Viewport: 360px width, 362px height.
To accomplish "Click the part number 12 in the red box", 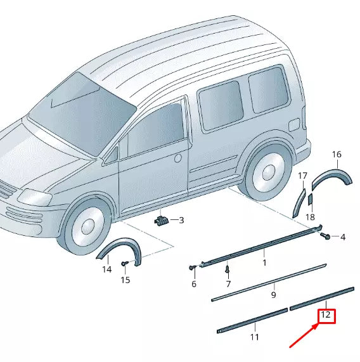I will pyautogui.click(x=326, y=315).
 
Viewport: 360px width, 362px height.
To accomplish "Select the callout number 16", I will pyautogui.click(x=337, y=154).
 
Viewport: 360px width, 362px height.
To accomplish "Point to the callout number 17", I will pyautogui.click(x=302, y=176).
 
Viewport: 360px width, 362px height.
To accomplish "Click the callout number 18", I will pyautogui.click(x=310, y=217).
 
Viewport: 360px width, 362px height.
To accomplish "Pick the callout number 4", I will pyautogui.click(x=342, y=237).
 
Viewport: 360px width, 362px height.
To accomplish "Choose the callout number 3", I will pyautogui.click(x=181, y=221).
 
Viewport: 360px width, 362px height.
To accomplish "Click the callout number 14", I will pyautogui.click(x=106, y=269).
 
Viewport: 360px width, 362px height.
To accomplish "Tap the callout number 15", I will pyautogui.click(x=125, y=280).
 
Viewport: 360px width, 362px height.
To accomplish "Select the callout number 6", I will pyautogui.click(x=194, y=284).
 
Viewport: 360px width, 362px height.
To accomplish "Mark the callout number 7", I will pyautogui.click(x=228, y=283).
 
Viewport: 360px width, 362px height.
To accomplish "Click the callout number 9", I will pyautogui.click(x=274, y=294).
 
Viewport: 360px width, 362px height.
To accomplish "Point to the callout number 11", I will pyautogui.click(x=254, y=337).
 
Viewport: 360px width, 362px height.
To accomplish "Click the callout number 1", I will pyautogui.click(x=264, y=262).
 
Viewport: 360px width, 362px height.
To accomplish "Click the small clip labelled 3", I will pyautogui.click(x=162, y=220).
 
